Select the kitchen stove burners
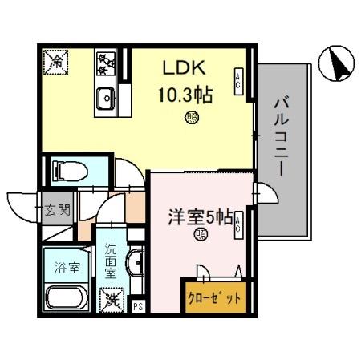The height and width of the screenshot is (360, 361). click(107, 63)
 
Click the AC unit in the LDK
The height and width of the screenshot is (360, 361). click(238, 80)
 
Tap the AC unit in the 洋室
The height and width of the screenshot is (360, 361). click(238, 229)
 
